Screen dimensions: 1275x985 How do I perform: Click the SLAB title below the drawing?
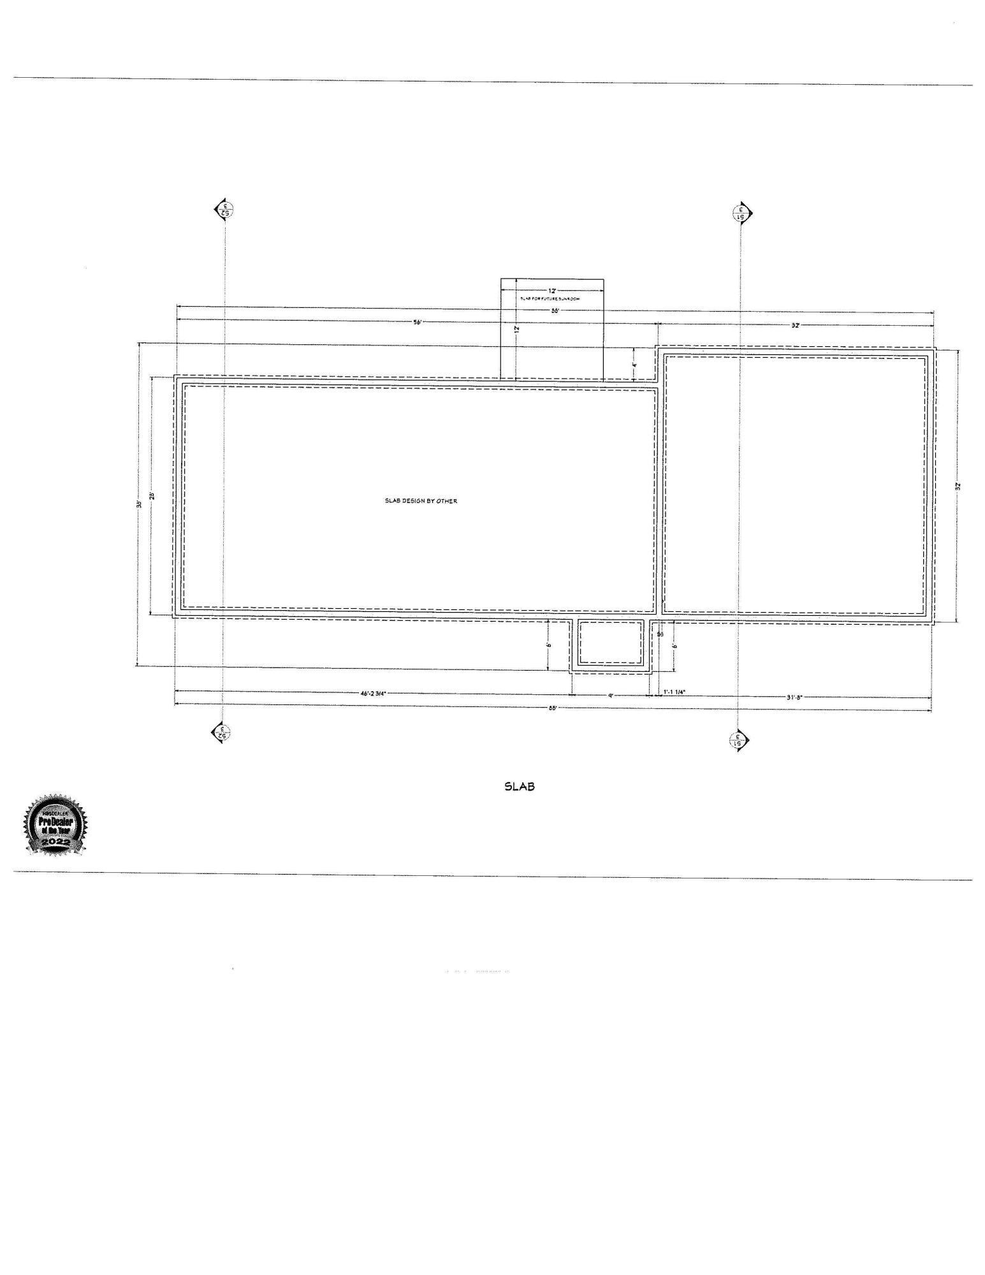click(x=519, y=787)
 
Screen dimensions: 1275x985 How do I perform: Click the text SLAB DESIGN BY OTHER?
click(x=421, y=501)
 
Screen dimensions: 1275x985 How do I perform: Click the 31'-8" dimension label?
click(x=793, y=697)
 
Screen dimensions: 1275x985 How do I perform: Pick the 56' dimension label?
click(x=418, y=322)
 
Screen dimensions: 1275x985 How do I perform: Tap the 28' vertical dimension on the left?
click(x=152, y=495)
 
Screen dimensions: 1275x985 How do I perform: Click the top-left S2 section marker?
click(x=224, y=209)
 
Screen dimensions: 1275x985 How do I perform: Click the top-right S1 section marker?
click(x=743, y=213)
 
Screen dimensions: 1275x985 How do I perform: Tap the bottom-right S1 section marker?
click(x=739, y=741)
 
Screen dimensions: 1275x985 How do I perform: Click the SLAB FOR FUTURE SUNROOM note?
click(x=550, y=298)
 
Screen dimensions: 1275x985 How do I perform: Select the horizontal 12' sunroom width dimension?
click(x=551, y=291)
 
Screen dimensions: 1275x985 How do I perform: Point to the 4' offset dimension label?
click(x=634, y=365)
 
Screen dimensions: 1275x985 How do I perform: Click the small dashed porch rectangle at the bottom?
click(x=610, y=643)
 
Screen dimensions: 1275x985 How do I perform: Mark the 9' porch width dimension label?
click(x=610, y=696)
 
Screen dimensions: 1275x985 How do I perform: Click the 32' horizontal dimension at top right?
click(x=795, y=325)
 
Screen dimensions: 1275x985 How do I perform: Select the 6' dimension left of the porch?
click(x=549, y=644)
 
